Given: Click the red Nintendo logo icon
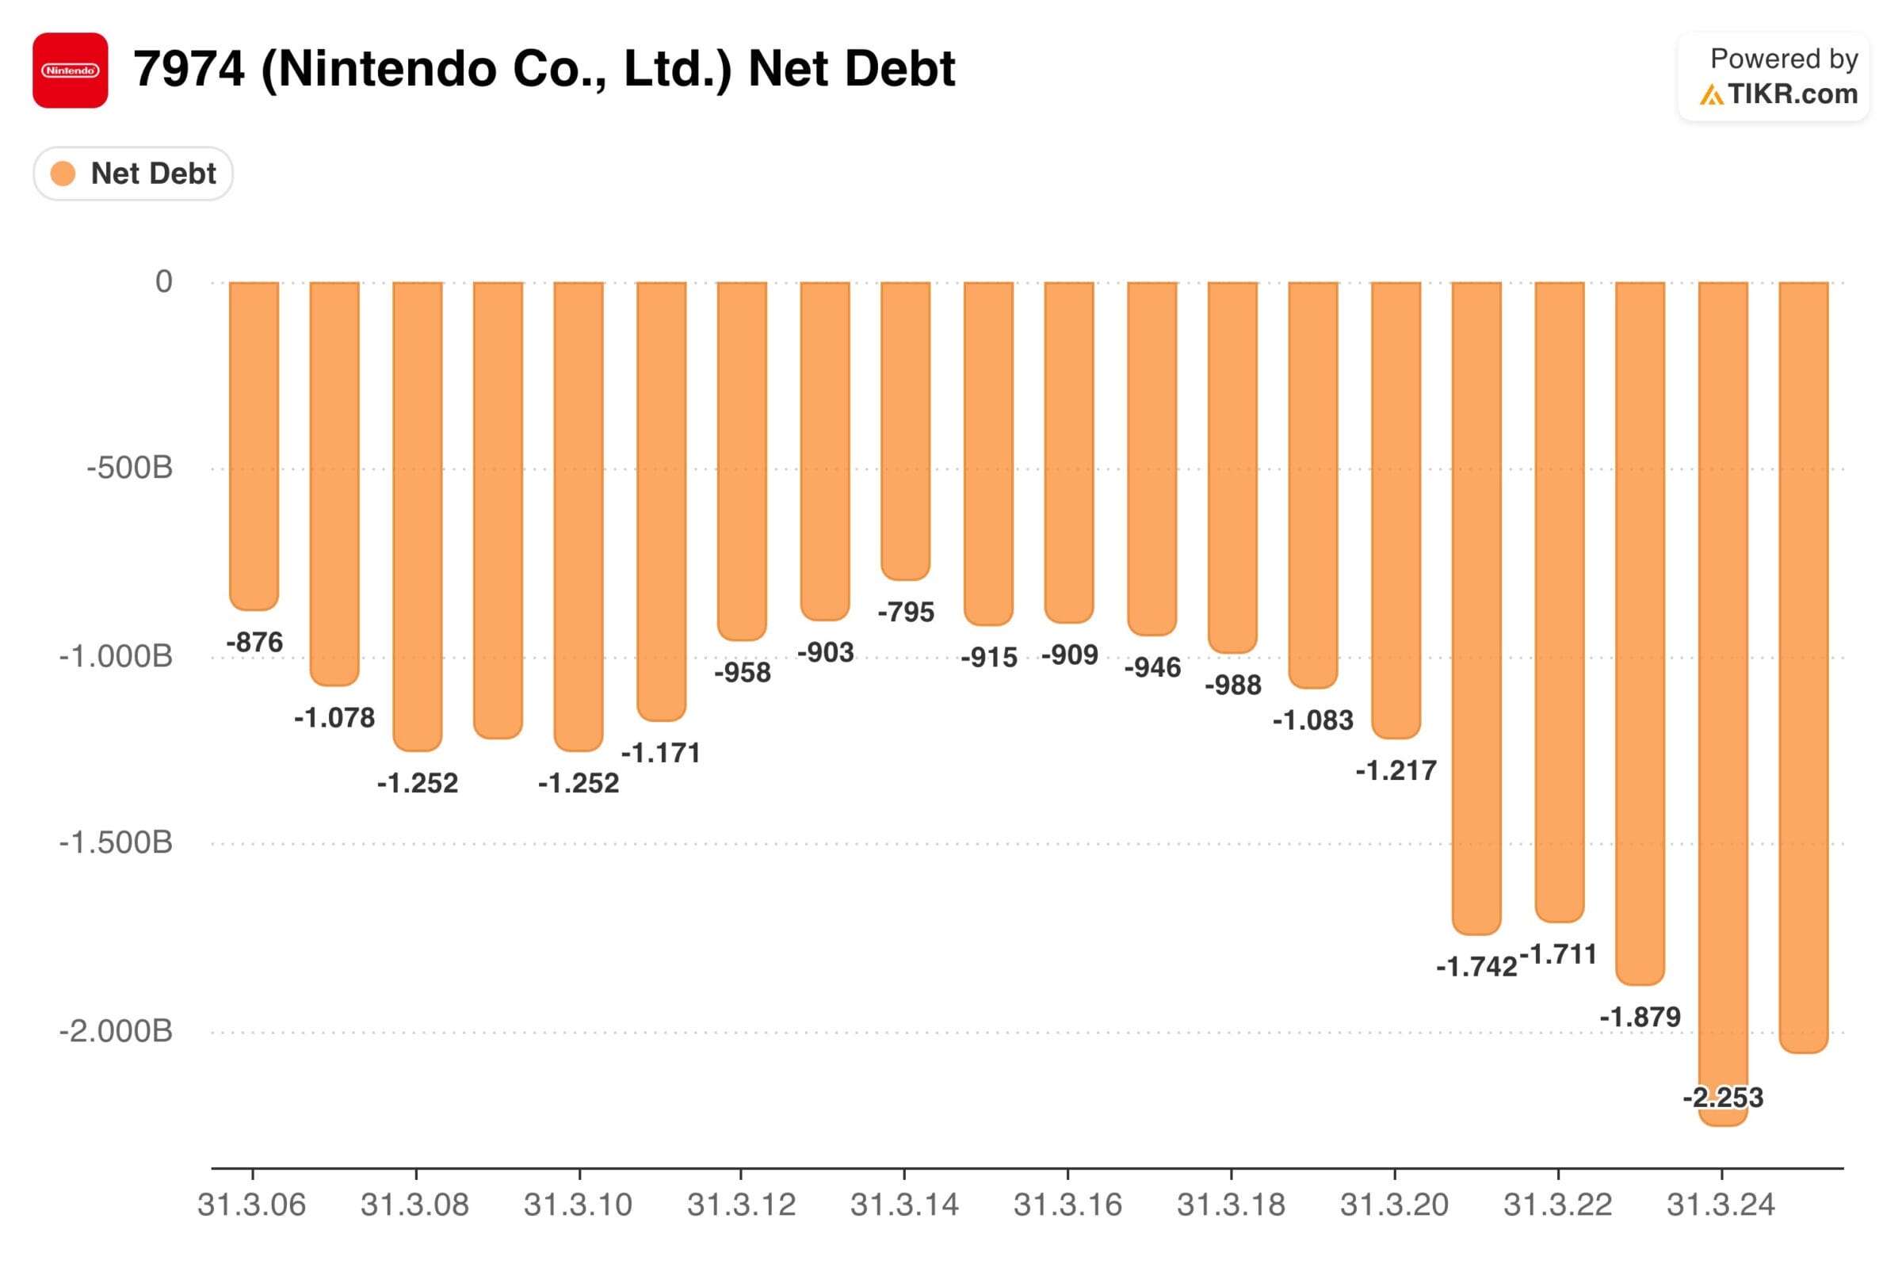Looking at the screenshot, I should tap(71, 71).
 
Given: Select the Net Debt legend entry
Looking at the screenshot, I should tap(134, 174).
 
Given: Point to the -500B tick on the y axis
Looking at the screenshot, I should tap(129, 468).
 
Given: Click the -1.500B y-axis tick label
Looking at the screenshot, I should tap(116, 842).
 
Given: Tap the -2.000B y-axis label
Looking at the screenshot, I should tap(116, 1031).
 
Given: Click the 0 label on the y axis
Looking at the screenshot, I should tap(163, 282).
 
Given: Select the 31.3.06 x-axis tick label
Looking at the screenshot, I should tap(251, 1205).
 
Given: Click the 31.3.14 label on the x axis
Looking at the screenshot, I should tap(904, 1205).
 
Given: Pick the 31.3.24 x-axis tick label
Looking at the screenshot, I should tap(1721, 1205).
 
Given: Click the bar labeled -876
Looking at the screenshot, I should tap(254, 445).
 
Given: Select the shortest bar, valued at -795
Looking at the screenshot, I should tap(905, 429).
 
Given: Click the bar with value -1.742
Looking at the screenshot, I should tap(1476, 606).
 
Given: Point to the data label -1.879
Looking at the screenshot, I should tap(1640, 1018).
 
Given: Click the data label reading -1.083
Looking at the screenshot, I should tap(1312, 720).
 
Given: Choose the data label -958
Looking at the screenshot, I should tap(743, 673).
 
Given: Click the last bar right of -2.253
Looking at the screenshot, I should tap(1804, 663).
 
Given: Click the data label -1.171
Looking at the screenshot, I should tap(661, 754).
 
